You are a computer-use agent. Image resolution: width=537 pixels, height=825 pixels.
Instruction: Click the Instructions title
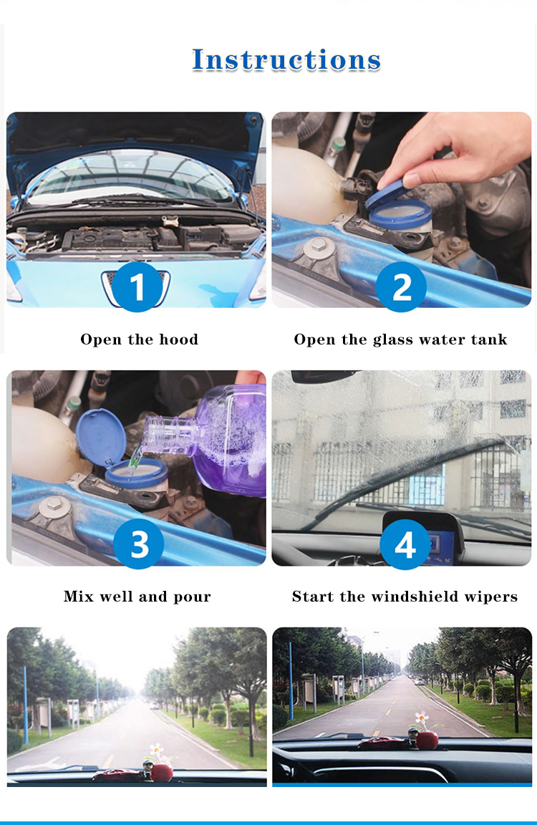click(286, 59)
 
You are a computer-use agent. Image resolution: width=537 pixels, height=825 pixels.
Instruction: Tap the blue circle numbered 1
click(137, 287)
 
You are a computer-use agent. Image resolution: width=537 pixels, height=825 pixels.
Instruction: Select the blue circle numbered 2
click(401, 287)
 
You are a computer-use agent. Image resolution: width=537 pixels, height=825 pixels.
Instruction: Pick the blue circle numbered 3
click(139, 544)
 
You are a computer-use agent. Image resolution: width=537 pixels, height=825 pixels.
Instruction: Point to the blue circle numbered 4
click(405, 544)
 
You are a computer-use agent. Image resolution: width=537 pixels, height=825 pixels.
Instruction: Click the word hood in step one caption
click(179, 339)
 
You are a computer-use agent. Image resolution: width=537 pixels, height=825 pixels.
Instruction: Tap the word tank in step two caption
click(488, 339)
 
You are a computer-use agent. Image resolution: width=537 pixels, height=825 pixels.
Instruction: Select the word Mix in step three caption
click(78, 597)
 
